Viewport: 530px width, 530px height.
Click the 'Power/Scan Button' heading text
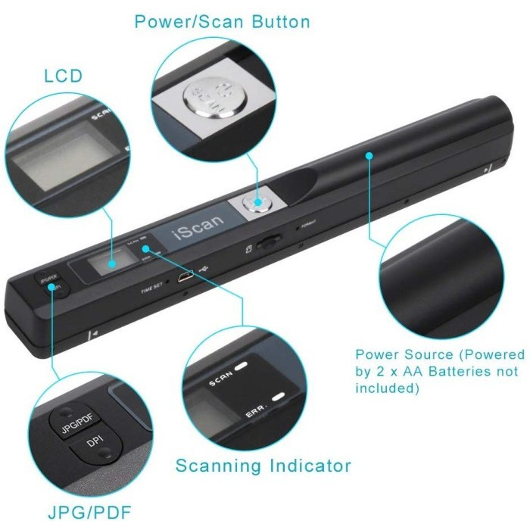(x=222, y=22)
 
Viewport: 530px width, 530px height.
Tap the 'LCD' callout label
(x=64, y=76)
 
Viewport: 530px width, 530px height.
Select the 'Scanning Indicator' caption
(x=263, y=464)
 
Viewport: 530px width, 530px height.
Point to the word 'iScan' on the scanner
(x=184, y=227)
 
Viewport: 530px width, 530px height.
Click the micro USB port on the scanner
(x=184, y=278)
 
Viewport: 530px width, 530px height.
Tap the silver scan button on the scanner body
(x=255, y=202)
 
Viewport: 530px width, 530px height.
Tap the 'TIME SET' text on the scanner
(x=154, y=288)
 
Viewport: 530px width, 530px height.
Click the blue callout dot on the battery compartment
(x=369, y=156)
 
